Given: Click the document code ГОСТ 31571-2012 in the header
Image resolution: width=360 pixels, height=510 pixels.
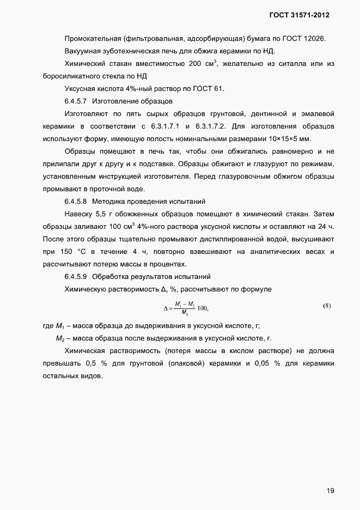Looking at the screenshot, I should [300, 15].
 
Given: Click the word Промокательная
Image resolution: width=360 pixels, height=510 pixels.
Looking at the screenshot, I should [91, 39].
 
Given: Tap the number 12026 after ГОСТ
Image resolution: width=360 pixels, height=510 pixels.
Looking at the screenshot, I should [321, 39].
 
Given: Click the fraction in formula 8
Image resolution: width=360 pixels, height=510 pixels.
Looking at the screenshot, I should [185, 308].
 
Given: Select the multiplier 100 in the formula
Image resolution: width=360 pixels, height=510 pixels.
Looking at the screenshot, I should [203, 308].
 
